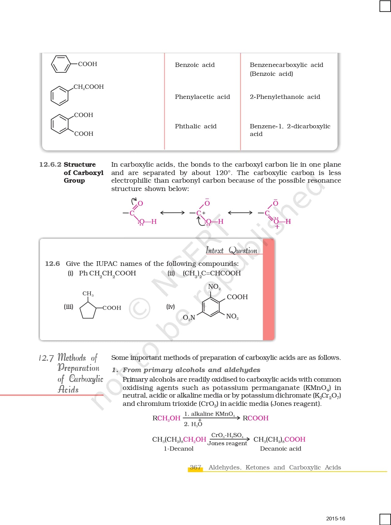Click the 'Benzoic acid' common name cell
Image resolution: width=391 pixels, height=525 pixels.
click(x=195, y=65)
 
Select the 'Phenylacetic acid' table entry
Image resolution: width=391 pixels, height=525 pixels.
click(x=202, y=97)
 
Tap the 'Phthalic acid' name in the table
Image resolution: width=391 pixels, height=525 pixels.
click(x=196, y=126)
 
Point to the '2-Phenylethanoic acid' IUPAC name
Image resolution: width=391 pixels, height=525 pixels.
click(x=285, y=97)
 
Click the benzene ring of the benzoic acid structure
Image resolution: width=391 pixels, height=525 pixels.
click(x=60, y=64)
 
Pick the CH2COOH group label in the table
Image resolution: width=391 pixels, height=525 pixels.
click(x=89, y=87)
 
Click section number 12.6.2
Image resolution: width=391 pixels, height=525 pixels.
click(x=50, y=165)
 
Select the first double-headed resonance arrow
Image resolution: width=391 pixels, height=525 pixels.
click(x=172, y=212)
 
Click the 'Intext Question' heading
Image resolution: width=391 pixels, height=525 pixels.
click(x=232, y=251)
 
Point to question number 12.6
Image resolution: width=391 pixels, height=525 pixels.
click(x=52, y=264)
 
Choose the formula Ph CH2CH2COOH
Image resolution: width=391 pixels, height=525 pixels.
click(x=107, y=273)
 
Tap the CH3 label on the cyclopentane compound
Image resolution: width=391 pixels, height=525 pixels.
click(x=88, y=294)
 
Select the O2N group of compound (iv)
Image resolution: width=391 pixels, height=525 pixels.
click(x=189, y=317)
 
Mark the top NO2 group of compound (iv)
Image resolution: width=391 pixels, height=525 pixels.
click(x=214, y=287)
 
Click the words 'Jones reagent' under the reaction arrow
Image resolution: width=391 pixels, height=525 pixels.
click(x=227, y=443)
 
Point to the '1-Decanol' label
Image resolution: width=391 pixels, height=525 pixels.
click(x=178, y=449)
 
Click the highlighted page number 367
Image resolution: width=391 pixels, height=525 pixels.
click(x=195, y=468)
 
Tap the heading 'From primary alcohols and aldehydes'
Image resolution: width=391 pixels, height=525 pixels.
click(x=191, y=370)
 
